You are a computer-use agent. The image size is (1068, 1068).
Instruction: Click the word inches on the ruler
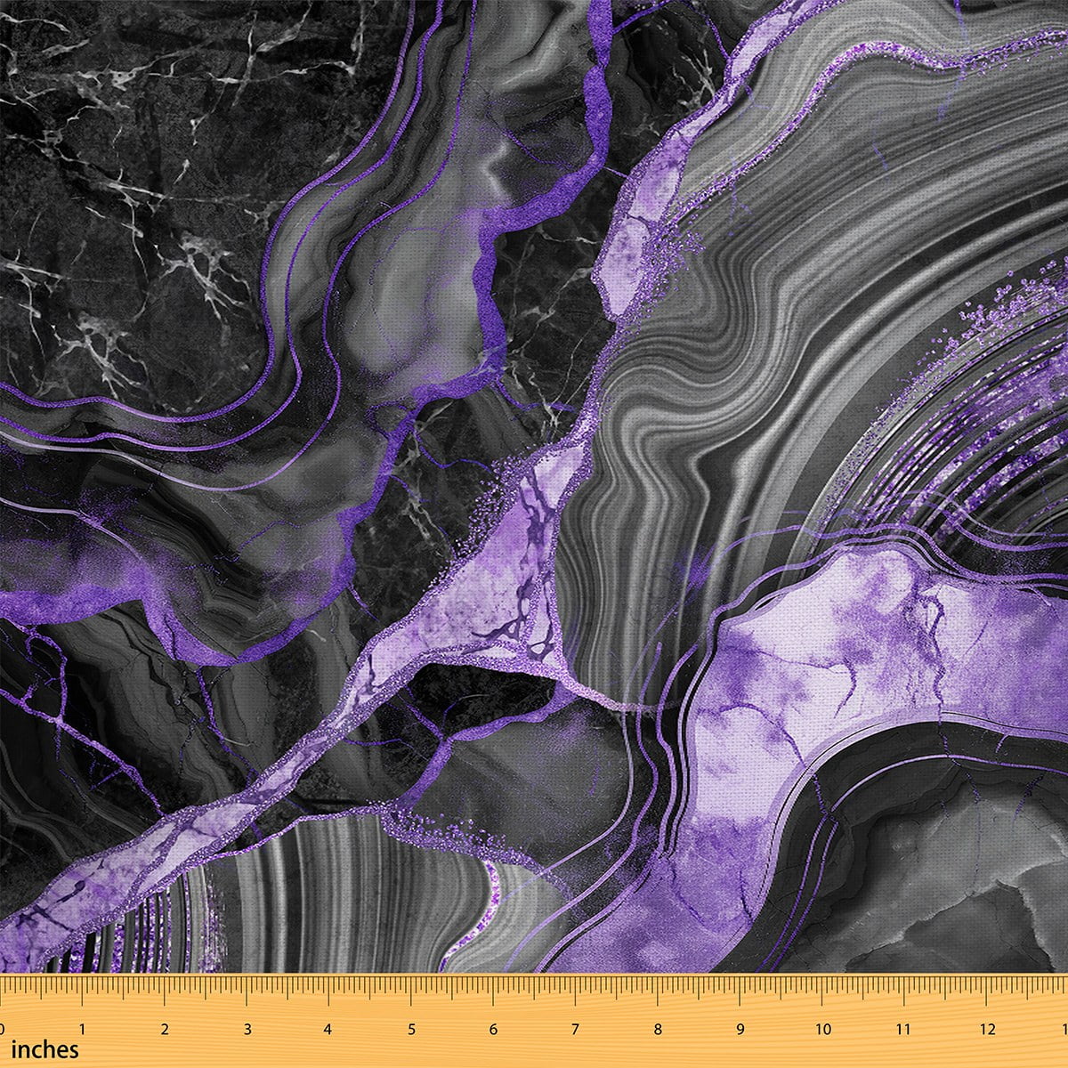click(x=44, y=1049)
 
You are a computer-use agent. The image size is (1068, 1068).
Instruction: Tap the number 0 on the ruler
click(x=4, y=1029)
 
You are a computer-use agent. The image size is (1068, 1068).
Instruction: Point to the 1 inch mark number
click(x=83, y=1029)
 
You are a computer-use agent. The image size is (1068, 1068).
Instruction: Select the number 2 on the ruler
click(x=165, y=1029)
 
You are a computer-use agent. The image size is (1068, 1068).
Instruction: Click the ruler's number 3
click(x=247, y=1029)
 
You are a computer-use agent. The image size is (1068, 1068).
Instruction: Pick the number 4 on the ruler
click(x=328, y=1029)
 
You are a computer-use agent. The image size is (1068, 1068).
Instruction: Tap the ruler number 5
click(x=411, y=1029)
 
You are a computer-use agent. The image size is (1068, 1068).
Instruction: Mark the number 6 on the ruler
click(x=493, y=1029)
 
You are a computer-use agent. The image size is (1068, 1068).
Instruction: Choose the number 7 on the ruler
click(x=575, y=1029)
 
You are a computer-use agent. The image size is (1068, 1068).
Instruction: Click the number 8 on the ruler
click(x=658, y=1029)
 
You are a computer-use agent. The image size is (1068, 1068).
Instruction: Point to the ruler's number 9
click(x=740, y=1029)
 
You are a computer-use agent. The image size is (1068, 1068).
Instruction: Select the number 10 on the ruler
click(x=822, y=1029)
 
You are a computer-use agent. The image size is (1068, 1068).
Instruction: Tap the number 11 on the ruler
click(x=904, y=1029)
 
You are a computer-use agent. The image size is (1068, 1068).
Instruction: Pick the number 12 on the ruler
click(x=987, y=1029)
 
